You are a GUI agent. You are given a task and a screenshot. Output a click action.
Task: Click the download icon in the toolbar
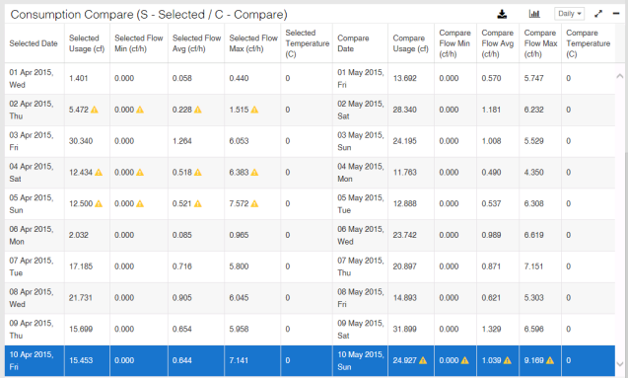[502, 14]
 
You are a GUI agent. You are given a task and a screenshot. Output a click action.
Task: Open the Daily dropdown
[570, 14]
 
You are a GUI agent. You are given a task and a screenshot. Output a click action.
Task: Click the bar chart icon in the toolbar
[534, 14]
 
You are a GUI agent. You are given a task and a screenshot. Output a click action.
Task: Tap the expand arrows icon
[598, 14]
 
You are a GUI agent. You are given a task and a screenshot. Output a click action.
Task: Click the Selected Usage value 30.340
[82, 141]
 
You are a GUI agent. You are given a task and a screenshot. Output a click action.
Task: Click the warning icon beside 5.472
[95, 110]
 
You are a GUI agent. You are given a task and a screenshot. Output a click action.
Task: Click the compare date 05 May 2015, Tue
[360, 203]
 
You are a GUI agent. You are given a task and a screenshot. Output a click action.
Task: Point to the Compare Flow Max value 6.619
[535, 235]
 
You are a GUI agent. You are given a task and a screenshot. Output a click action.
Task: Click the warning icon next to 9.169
[553, 360]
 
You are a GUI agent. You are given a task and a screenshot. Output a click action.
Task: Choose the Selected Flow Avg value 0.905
[182, 297]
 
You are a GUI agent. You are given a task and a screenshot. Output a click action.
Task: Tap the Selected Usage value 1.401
[80, 78]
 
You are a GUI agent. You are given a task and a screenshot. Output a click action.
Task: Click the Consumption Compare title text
[149, 15]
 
